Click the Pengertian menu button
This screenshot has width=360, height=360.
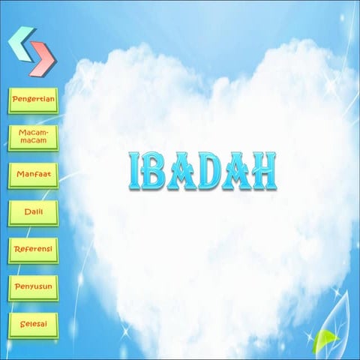(33, 100)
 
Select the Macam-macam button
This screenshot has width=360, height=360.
(33, 137)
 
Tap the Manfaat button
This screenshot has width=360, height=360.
(33, 175)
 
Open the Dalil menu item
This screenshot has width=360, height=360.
(33, 213)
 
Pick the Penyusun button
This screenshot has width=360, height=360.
(33, 287)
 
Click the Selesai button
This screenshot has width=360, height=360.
(33, 326)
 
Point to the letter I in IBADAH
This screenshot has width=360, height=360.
(135, 172)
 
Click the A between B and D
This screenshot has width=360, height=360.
(183, 172)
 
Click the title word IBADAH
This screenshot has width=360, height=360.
(201, 172)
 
